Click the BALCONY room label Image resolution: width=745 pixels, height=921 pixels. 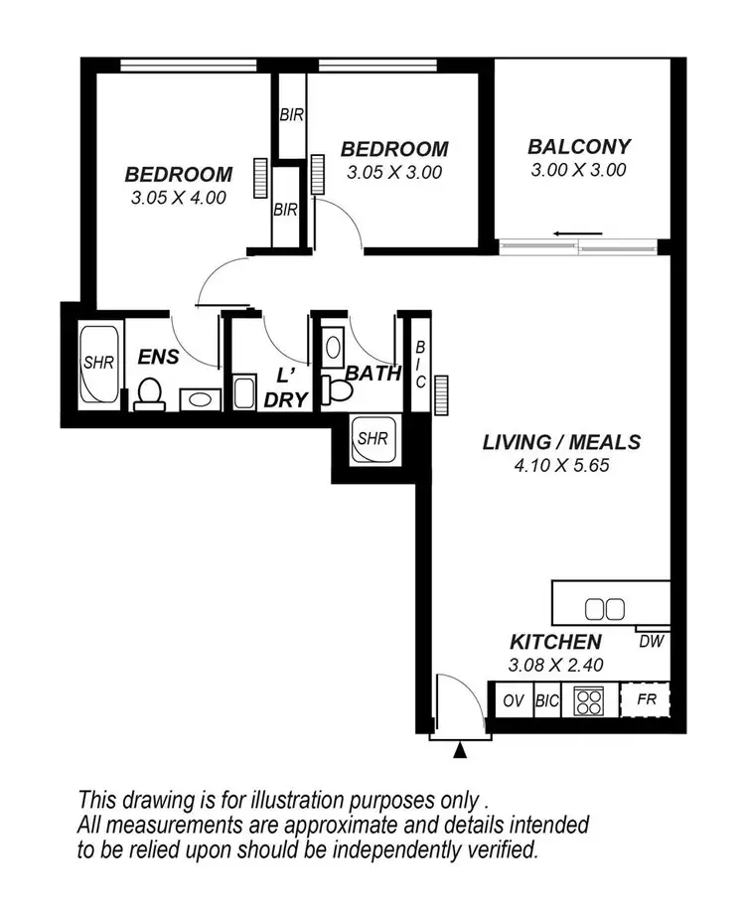[x=579, y=147]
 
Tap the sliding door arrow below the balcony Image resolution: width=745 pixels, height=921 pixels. [x=578, y=234]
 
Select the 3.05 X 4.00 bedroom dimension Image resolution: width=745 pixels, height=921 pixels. [x=179, y=198]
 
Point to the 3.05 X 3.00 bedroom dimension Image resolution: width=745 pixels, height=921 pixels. [x=394, y=172]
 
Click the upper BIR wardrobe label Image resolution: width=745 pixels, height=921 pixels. [x=290, y=115]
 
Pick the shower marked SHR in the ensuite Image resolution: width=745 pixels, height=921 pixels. [x=98, y=363]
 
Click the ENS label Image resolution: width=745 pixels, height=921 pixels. [x=158, y=356]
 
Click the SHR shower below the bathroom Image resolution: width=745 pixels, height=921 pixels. [x=372, y=437]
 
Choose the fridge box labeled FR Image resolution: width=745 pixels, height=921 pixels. [x=646, y=699]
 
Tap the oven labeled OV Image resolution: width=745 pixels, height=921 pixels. [x=513, y=700]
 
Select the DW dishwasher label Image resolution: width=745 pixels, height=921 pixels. [x=651, y=642]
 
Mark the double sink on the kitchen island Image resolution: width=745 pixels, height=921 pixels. [x=604, y=608]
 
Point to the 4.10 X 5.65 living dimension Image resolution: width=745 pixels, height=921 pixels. [x=560, y=464]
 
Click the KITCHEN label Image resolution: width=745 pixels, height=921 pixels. [x=555, y=643]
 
